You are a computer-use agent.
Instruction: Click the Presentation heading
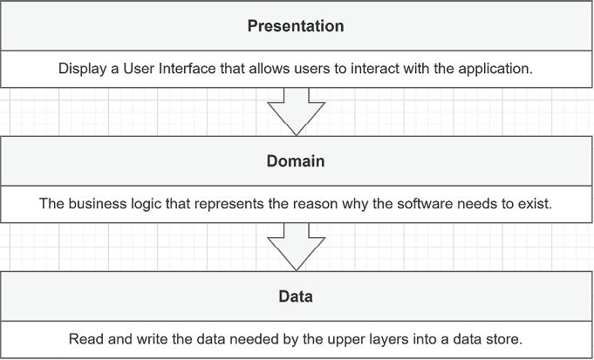[296, 26]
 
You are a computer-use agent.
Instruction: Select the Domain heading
[296, 161]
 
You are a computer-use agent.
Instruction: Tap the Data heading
[296, 296]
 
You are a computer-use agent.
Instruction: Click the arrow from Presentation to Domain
[297, 112]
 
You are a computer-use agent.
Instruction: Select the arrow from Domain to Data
[297, 247]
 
